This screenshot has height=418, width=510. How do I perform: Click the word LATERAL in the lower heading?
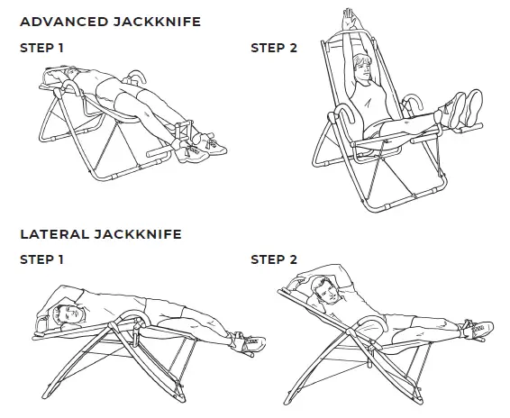pos(50,234)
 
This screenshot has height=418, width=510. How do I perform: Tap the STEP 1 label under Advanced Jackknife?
pos(41,48)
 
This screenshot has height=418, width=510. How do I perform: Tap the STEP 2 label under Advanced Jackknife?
pos(273,48)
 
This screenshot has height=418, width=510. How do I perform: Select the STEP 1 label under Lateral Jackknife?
pos(41,259)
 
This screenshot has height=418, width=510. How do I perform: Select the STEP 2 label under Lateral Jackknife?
pos(273,259)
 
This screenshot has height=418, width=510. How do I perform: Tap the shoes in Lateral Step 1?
pos(248,343)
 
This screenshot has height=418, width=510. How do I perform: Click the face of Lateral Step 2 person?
pos(327,291)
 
